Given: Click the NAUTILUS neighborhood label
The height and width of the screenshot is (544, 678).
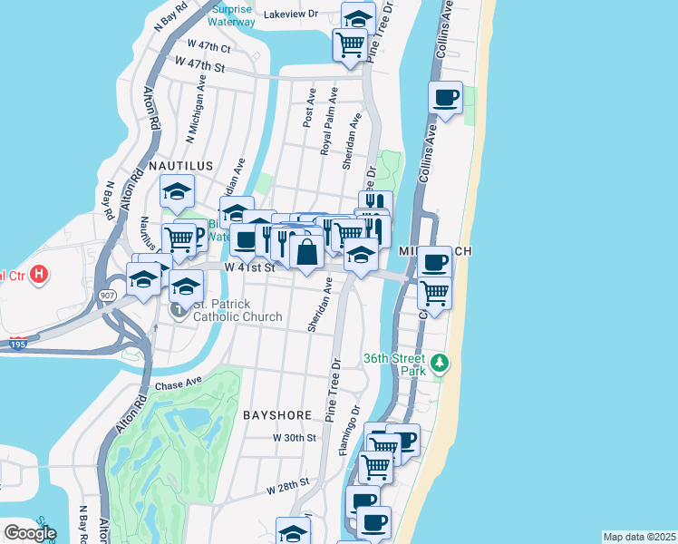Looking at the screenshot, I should (x=180, y=167).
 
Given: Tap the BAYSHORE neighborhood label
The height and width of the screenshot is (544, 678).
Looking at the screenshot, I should (x=276, y=414).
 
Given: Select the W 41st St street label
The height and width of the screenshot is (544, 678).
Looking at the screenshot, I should (x=248, y=267).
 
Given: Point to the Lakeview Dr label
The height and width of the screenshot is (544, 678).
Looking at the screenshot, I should (x=291, y=15).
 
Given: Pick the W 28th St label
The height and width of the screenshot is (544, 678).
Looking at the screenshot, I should (x=287, y=487).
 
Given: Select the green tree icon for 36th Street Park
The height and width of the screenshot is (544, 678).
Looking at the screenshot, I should (x=440, y=364).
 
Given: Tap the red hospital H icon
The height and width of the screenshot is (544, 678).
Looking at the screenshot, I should (x=38, y=274).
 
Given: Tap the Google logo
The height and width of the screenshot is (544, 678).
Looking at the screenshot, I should (x=29, y=532).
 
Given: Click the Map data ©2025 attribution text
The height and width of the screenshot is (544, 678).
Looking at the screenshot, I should (x=639, y=537).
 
